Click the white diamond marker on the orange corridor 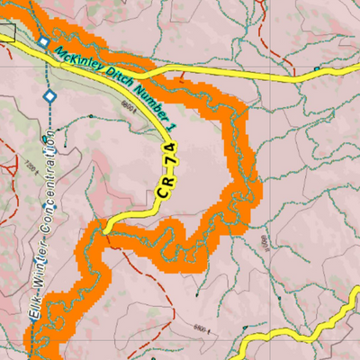[x=43, y=42]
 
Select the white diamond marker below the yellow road [x=49, y=95]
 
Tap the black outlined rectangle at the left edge [x=8, y=32]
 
